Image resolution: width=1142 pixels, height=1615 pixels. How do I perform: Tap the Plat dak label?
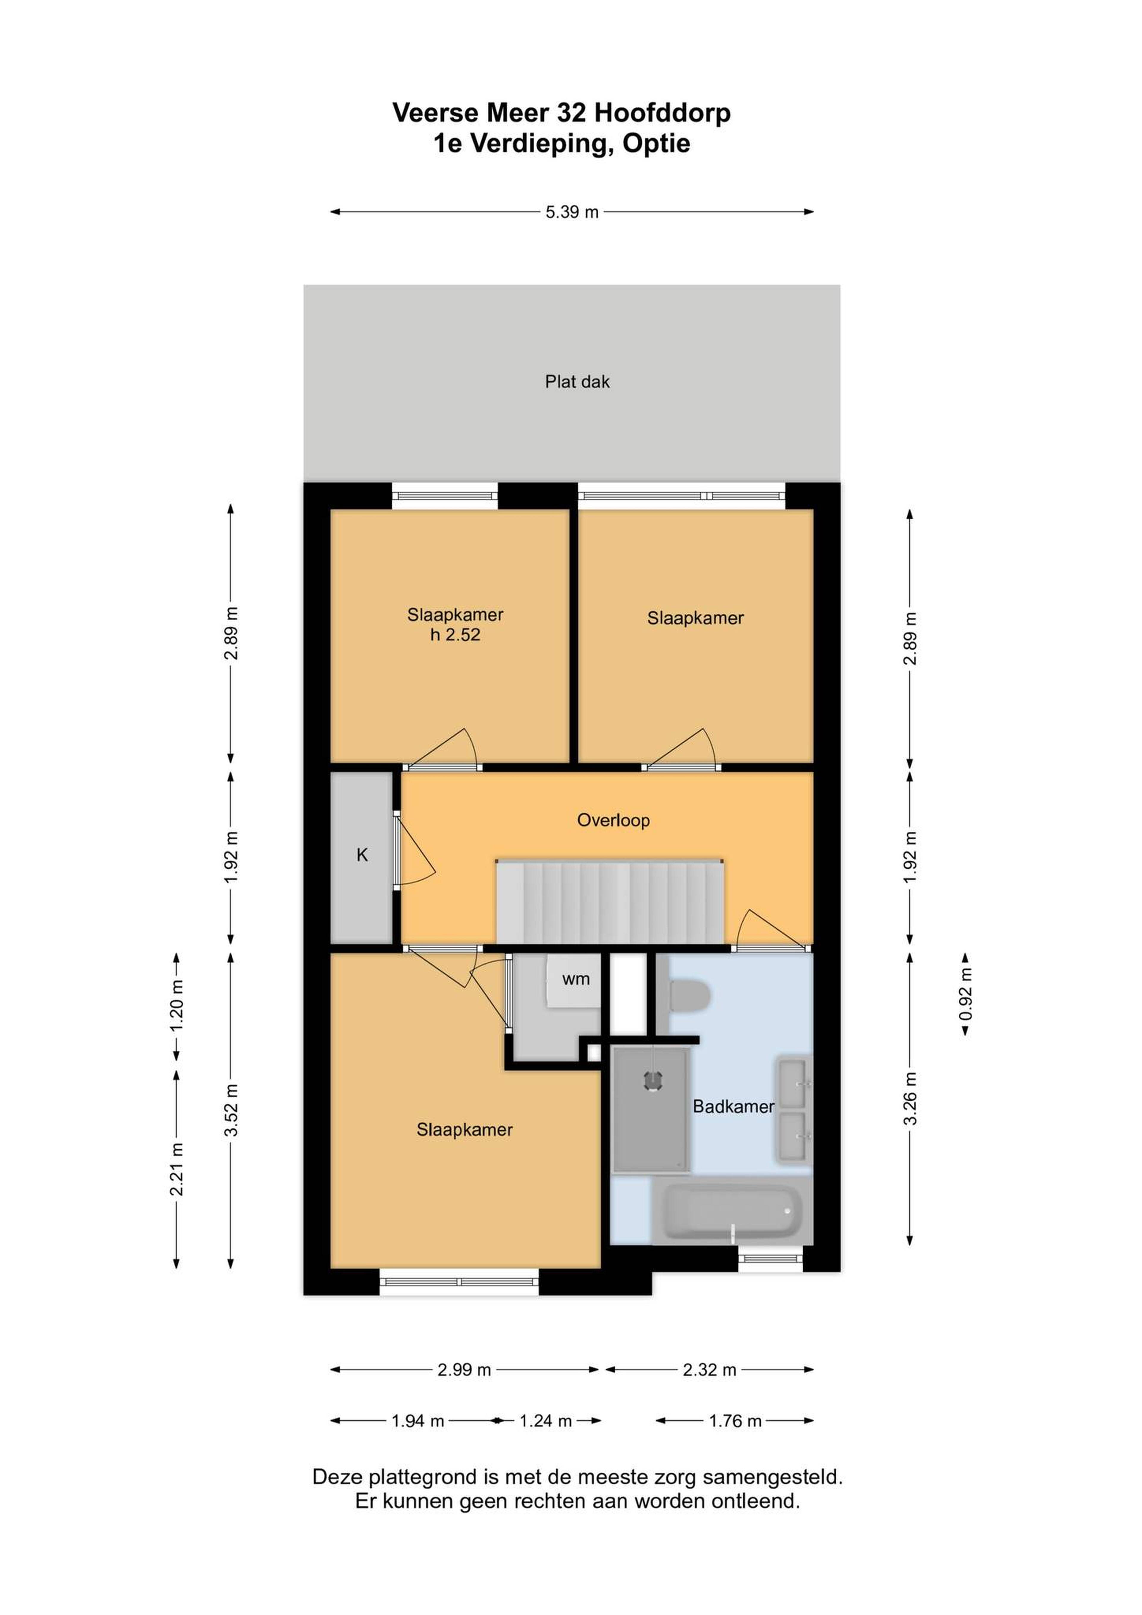point(577,382)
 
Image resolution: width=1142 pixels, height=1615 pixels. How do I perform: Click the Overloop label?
point(613,820)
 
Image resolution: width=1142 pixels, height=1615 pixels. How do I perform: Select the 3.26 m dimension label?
point(910,1099)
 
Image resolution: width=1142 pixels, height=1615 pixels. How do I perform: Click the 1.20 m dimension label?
point(177,1005)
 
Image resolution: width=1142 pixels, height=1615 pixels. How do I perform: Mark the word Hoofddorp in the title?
point(663,112)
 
